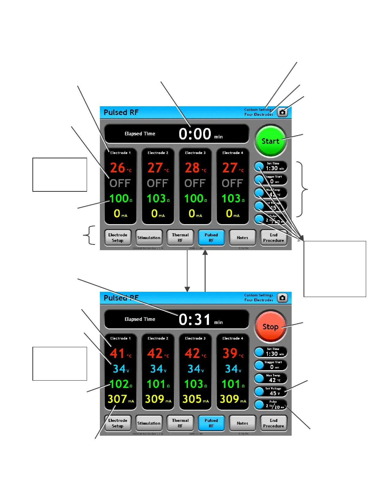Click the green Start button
pos(270,141)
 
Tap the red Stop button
pos(270,326)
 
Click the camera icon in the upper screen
pos(282,112)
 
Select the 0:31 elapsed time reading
pos(195,319)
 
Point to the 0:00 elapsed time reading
pos(195,134)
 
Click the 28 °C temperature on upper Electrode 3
pos(192,168)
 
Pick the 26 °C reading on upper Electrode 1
pos(118,168)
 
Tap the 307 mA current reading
pos(117,399)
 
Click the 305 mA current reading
pos(192,399)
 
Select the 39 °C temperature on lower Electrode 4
pos(230,353)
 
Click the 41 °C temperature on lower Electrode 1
pos(118,353)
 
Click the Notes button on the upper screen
pos(242,238)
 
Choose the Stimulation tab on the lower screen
pos(149,423)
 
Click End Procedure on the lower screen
pos(274,423)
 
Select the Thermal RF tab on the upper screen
pos(180,238)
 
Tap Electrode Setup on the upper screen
pos(118,238)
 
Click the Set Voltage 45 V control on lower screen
pos(271,391)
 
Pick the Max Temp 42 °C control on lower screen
pos(271,378)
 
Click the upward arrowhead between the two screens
pos(205,252)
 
